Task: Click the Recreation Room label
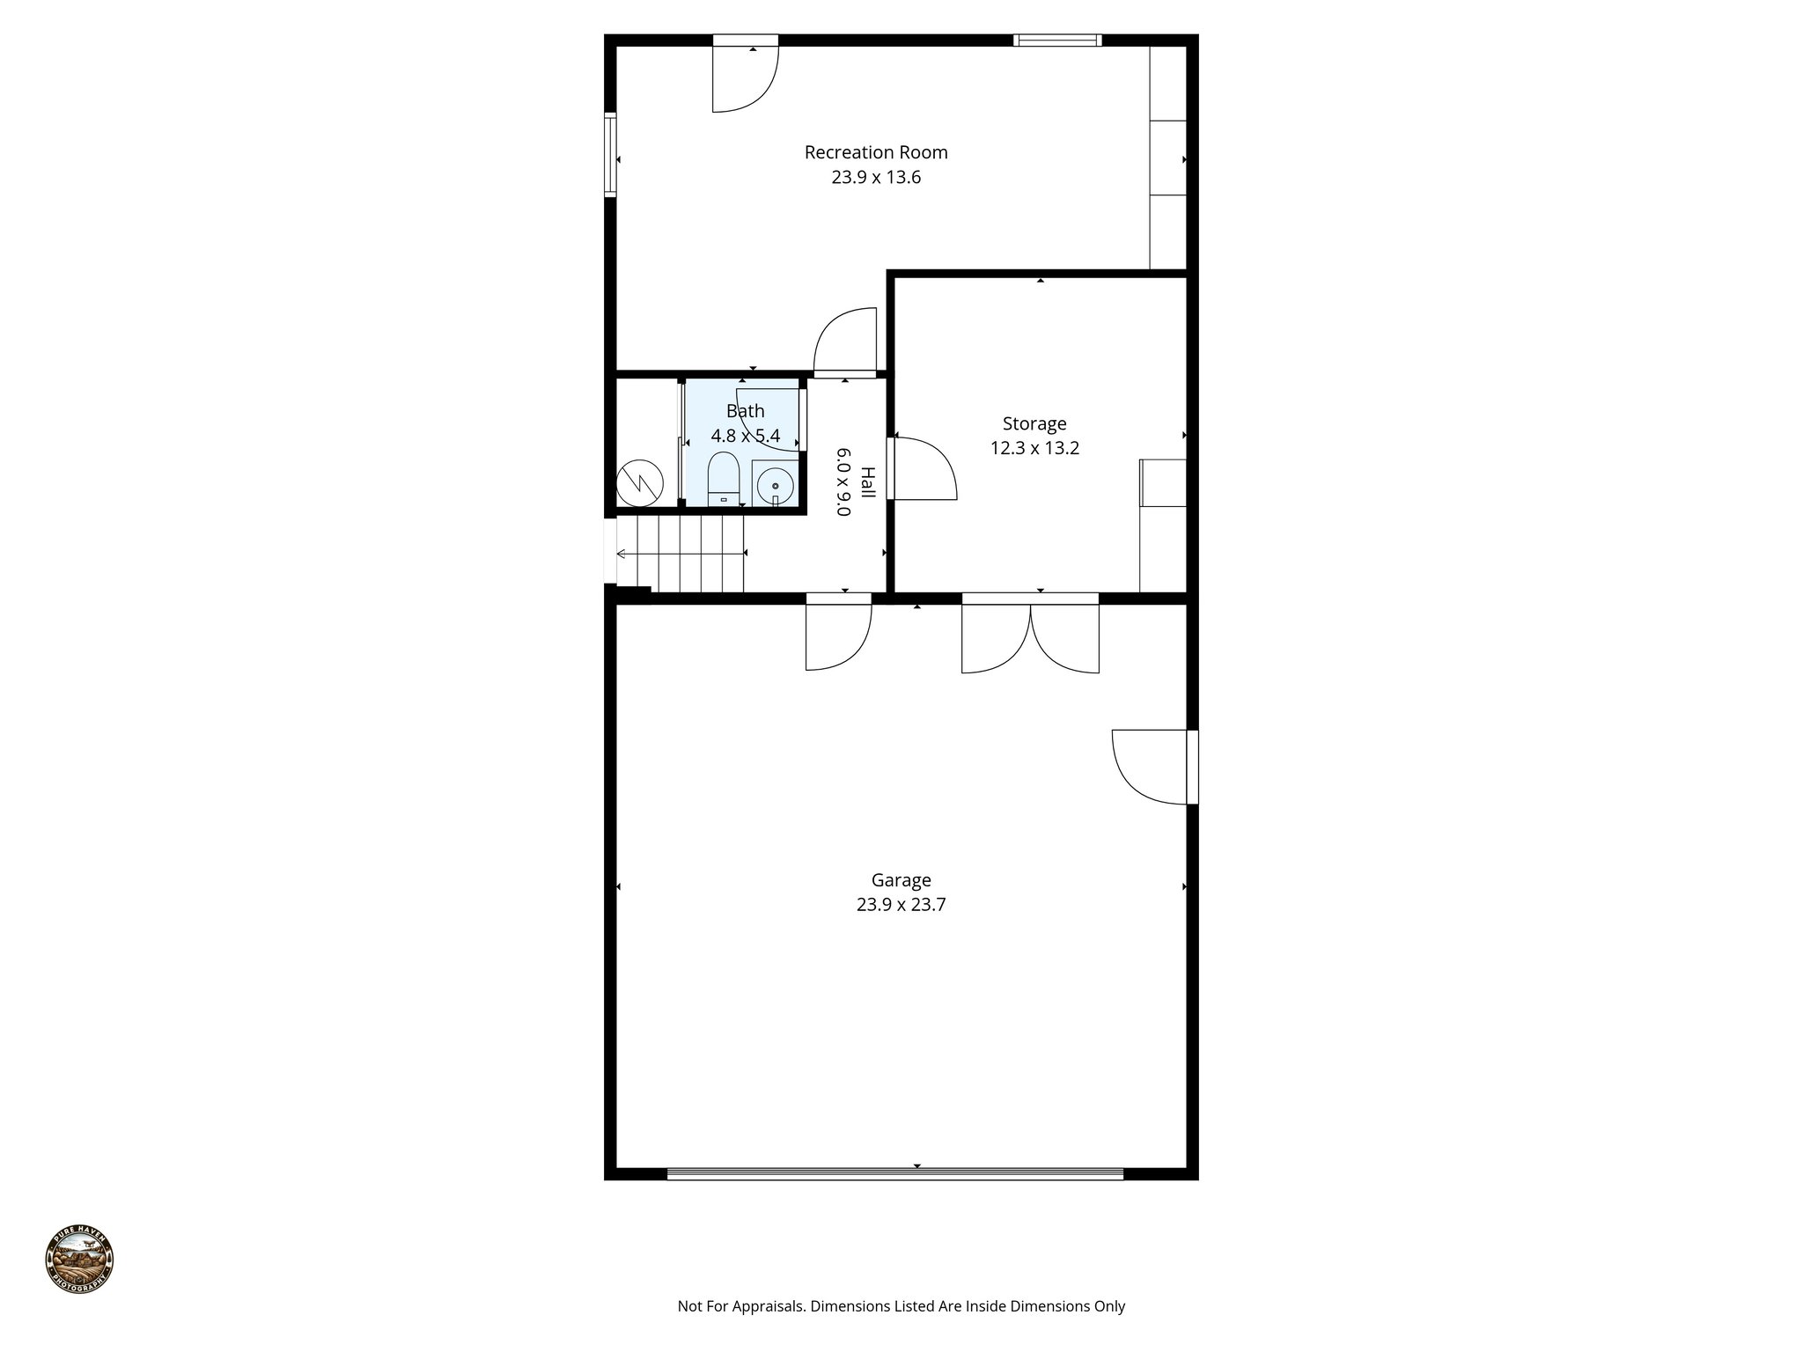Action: [876, 152]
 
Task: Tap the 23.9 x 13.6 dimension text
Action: [876, 178]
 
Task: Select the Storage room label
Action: [1034, 423]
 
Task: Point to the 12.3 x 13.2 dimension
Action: [1034, 448]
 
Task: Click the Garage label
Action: [901, 880]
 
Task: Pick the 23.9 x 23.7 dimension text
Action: [901, 905]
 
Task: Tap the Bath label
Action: [745, 411]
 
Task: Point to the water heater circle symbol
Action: [638, 481]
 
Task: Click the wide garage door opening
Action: [895, 1173]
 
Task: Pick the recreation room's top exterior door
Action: [745, 75]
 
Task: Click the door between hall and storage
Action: [923, 468]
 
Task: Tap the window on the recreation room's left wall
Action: [609, 154]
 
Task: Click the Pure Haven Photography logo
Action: [79, 1259]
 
